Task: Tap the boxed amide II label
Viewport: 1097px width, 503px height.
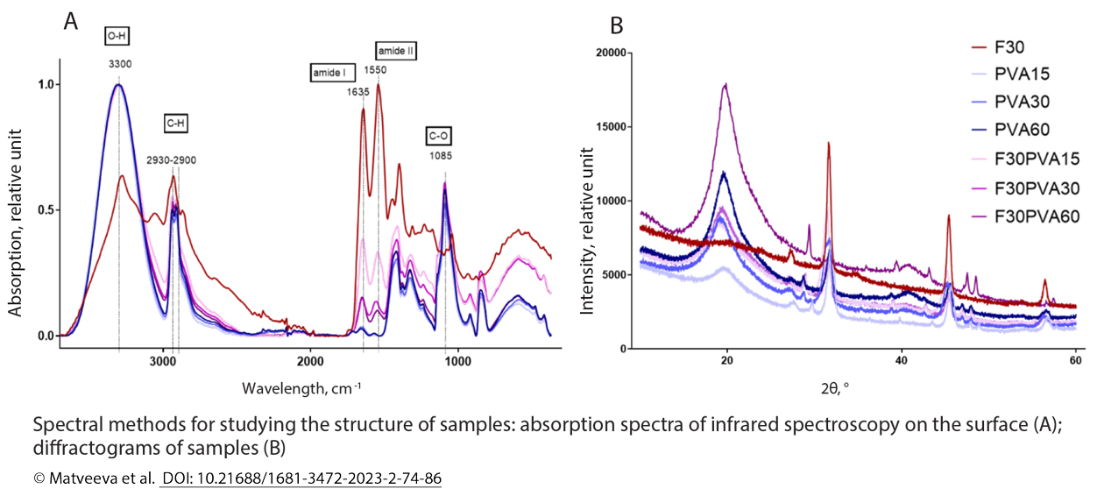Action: (x=395, y=52)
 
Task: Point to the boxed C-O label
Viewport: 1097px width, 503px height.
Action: (x=441, y=136)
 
